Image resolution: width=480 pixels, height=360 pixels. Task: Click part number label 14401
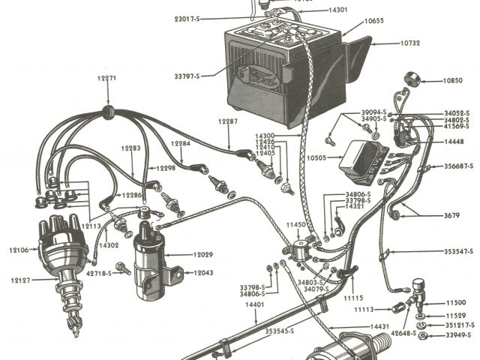pyautogui.click(x=256, y=305)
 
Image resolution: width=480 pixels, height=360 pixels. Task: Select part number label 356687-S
pyautogui.click(x=458, y=166)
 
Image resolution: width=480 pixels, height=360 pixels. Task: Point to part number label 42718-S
pyautogui.click(x=98, y=274)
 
